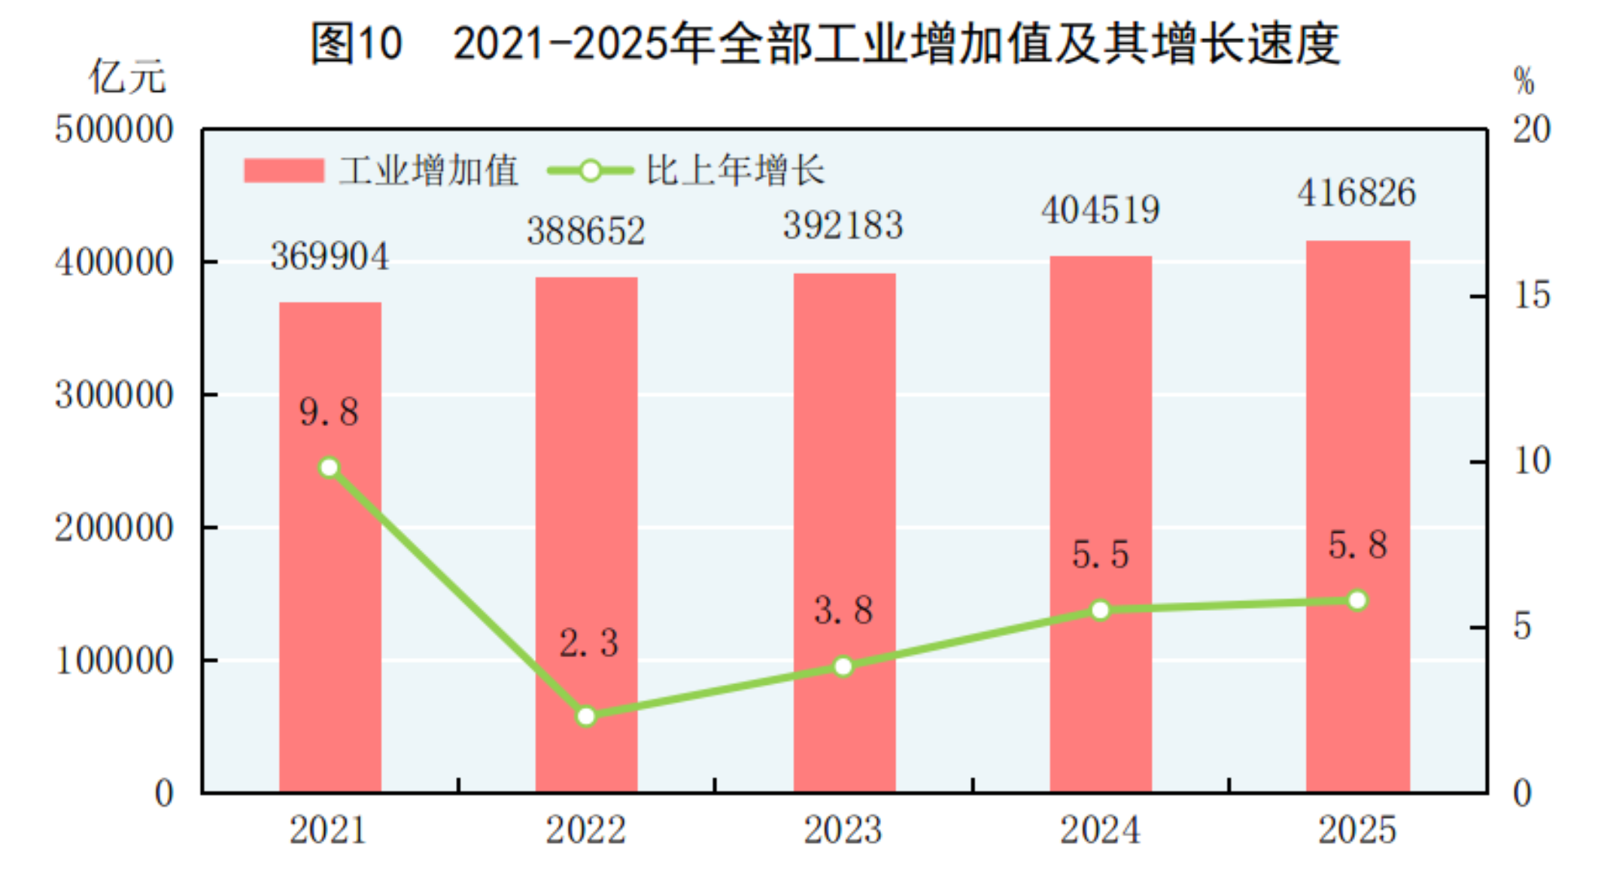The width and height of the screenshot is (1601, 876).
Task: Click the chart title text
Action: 825,43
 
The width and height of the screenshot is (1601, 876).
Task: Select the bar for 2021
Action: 330,602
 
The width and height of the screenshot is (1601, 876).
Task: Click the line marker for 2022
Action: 586,716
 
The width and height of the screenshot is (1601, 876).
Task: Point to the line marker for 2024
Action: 1100,610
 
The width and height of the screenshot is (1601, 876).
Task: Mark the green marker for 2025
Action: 1357,600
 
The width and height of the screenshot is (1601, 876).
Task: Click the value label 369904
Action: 330,257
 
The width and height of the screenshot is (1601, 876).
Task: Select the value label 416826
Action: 1356,193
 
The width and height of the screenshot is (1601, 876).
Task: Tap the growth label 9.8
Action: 329,412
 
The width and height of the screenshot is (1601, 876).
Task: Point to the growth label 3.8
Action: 843,610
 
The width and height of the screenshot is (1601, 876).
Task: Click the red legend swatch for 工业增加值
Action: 284,171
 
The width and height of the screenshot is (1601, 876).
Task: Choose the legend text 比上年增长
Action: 735,171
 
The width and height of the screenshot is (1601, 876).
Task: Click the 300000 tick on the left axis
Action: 114,394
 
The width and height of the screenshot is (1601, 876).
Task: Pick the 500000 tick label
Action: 114,129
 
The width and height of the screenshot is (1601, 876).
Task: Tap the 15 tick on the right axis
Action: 1532,295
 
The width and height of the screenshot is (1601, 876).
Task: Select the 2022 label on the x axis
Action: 585,830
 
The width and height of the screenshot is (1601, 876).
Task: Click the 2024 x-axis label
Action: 1100,830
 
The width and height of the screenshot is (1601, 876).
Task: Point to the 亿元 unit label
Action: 127,78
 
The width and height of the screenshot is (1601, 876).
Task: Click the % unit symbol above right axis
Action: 1524,81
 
